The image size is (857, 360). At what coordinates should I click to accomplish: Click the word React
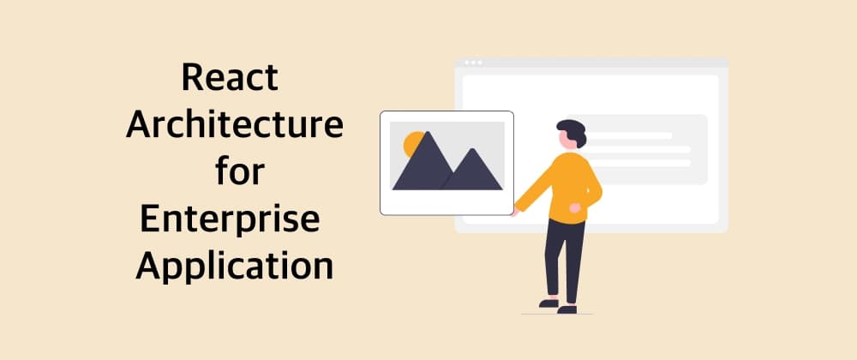click(x=230, y=79)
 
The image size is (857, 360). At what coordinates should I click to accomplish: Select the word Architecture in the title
click(x=234, y=126)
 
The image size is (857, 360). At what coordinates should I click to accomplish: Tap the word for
click(x=239, y=172)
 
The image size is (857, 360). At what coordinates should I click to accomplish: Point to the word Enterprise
click(x=230, y=220)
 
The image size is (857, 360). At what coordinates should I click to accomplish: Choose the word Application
click(x=234, y=267)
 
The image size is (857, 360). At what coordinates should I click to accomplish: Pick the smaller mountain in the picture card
click(x=473, y=171)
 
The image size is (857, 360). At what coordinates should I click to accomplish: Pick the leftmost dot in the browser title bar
click(x=467, y=63)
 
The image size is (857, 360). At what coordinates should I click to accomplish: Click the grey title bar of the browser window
click(x=600, y=63)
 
